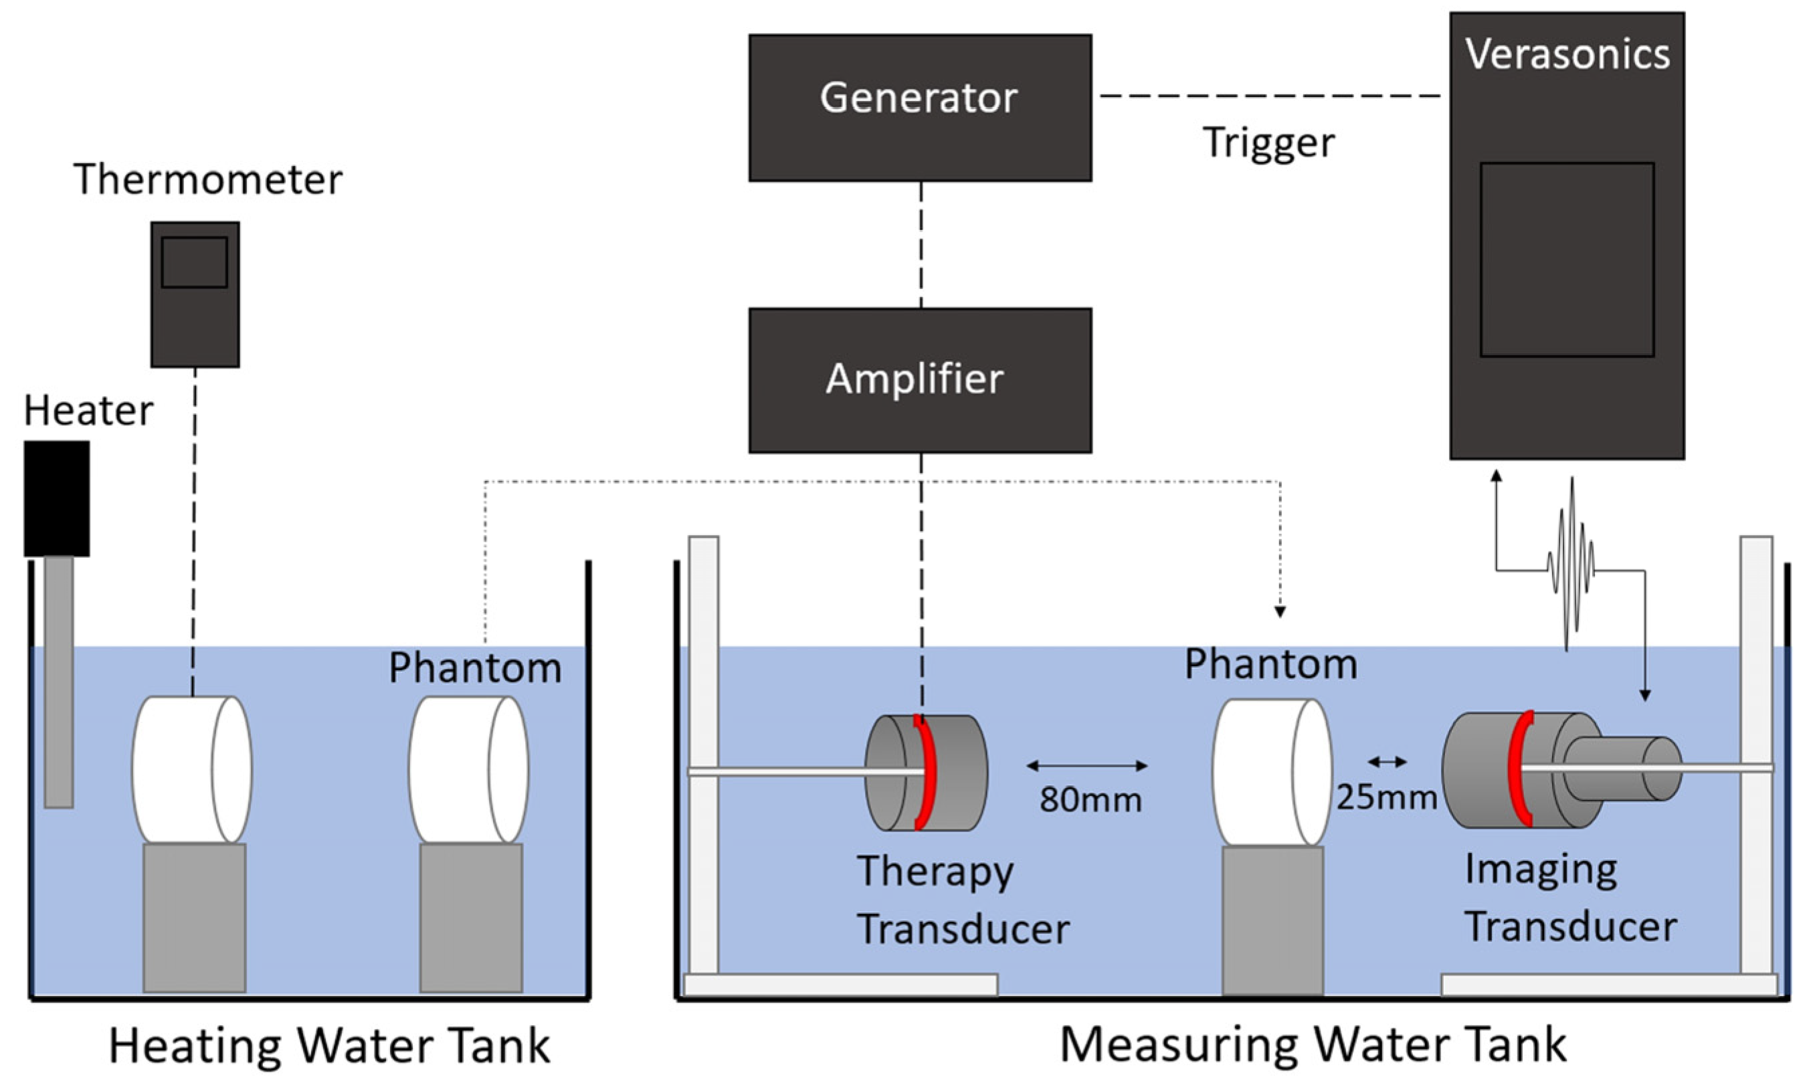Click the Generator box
coord(919,107)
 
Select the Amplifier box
coord(919,380)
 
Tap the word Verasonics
coord(1567,54)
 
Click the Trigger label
coord(1268,142)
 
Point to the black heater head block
coord(56,498)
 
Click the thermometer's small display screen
coord(195,262)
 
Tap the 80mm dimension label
coord(1090,800)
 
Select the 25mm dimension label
coord(1386,797)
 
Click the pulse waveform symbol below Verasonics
coord(1570,565)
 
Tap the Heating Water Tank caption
coord(329,1046)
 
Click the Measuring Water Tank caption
coord(1313,1044)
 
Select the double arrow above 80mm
coord(1086,766)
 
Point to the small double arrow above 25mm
coord(1387,763)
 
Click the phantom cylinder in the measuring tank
coord(1271,772)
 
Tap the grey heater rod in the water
coord(59,682)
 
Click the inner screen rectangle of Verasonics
coord(1567,260)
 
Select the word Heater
coord(88,410)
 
